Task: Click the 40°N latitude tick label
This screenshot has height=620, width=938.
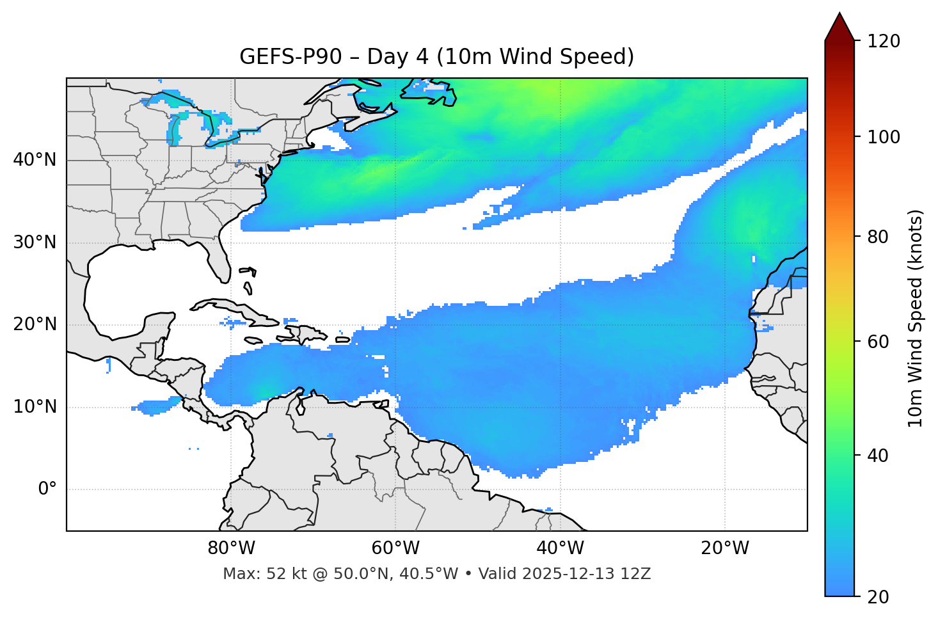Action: [x=35, y=160]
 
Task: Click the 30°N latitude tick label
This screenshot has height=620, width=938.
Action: [x=35, y=242]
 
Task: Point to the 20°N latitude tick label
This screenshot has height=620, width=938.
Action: [x=35, y=324]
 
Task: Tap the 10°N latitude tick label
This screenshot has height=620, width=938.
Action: [x=35, y=407]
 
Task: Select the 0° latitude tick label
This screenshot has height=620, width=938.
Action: [x=47, y=489]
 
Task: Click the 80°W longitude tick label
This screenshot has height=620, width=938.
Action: [x=231, y=548]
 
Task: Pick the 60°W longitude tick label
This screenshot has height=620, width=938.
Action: [x=395, y=548]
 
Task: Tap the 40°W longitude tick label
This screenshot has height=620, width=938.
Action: [x=560, y=548]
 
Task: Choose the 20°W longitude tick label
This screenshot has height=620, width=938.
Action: [x=724, y=548]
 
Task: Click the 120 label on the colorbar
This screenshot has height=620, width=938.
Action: [x=884, y=42]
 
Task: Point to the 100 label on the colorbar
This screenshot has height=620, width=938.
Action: [x=884, y=137]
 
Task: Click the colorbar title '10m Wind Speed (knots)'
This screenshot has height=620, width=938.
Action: [x=916, y=318]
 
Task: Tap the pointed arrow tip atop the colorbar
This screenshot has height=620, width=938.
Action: [x=839, y=14]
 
